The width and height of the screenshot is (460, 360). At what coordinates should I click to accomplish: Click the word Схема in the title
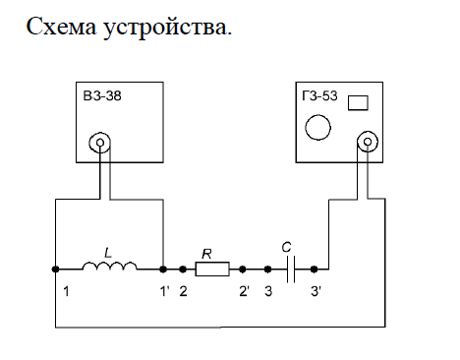(x=61, y=27)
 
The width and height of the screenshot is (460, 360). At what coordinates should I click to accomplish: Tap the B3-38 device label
(x=102, y=96)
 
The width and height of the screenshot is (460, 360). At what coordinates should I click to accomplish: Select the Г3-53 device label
(x=319, y=95)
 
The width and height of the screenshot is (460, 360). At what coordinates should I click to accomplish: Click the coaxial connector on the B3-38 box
(x=100, y=143)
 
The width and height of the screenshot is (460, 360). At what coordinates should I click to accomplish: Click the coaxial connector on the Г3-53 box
(x=368, y=142)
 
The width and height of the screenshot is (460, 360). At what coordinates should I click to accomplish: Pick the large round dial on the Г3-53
(x=317, y=127)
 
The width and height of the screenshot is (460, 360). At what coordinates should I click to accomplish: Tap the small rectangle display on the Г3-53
(x=358, y=103)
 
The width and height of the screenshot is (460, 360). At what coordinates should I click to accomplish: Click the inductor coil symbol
(x=109, y=267)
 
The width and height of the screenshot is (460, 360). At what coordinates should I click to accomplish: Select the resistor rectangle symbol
(x=212, y=270)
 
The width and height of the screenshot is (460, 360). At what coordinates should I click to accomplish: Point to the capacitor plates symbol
(x=291, y=270)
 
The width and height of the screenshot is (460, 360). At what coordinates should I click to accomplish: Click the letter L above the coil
(x=108, y=253)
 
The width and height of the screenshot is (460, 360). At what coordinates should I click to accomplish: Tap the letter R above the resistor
(x=206, y=254)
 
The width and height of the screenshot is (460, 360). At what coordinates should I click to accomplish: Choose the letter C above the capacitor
(x=286, y=247)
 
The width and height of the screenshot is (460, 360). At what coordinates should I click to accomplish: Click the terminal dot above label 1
(x=55, y=270)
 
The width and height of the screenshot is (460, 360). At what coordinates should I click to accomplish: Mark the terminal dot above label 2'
(x=243, y=270)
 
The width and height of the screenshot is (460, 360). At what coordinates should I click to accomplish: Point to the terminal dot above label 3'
(x=314, y=270)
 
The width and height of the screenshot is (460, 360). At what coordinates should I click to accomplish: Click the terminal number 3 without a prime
(x=268, y=291)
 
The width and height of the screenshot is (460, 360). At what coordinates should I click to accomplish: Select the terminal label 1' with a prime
(x=164, y=291)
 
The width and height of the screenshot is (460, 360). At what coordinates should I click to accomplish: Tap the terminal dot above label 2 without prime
(x=183, y=270)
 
